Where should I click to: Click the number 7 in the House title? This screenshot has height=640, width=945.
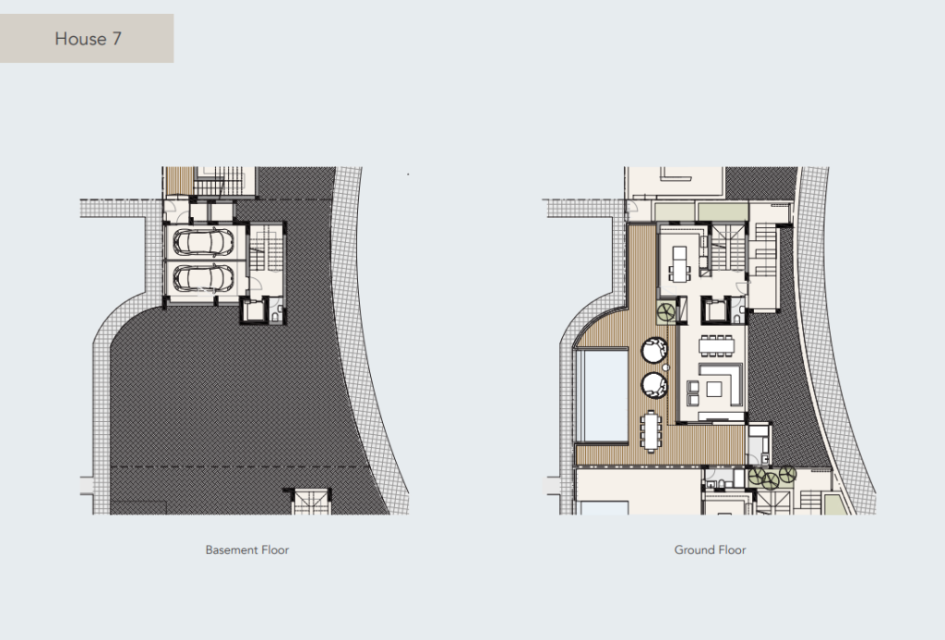point(117,39)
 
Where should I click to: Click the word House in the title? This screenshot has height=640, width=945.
point(81,39)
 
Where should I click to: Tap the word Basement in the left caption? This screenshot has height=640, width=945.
point(227,550)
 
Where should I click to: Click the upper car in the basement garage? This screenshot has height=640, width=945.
point(203,242)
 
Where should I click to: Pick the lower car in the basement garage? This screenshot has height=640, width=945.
point(203,278)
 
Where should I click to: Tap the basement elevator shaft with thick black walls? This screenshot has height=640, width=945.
point(254,310)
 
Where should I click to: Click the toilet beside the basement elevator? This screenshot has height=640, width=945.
point(276,315)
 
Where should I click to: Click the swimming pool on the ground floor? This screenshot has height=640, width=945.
point(602,395)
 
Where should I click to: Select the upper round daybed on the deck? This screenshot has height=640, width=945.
point(654,350)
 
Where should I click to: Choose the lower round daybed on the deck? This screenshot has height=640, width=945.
point(654,385)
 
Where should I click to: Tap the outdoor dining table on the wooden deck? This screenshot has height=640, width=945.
point(651,430)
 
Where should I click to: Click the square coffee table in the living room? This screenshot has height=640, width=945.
point(714,389)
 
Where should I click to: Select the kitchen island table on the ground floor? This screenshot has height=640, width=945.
point(680,264)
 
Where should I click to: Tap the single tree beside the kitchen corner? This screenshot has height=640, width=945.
point(666,312)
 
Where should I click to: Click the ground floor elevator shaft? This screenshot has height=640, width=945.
point(715,310)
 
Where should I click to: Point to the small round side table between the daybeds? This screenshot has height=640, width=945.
point(665,368)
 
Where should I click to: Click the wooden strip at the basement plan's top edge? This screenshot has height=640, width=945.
point(179,180)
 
